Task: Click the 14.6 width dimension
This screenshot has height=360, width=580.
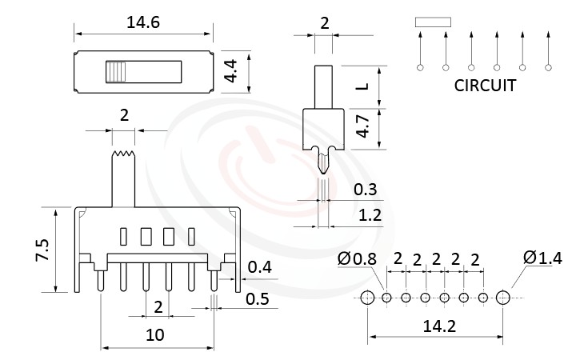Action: [143, 22]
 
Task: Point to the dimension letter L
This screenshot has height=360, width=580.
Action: [362, 85]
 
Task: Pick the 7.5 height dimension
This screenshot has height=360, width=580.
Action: [42, 250]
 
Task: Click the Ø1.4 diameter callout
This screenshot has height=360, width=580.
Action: [542, 258]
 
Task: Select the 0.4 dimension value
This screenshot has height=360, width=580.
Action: [258, 266]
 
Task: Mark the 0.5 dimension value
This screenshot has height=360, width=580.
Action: [258, 301]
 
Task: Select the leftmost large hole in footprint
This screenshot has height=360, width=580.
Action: [367, 298]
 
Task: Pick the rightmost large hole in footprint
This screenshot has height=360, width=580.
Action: [502, 298]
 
